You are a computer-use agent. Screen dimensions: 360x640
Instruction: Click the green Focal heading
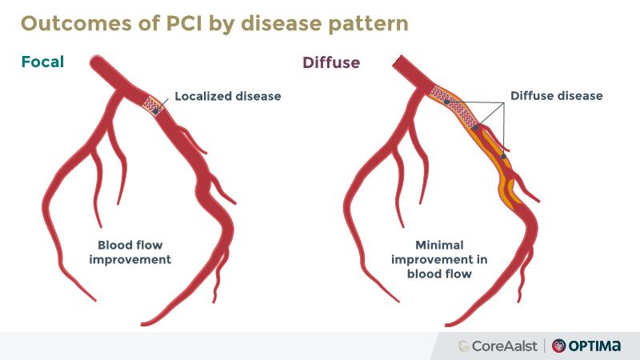[42, 62]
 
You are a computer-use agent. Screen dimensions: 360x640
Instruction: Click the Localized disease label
[227, 96]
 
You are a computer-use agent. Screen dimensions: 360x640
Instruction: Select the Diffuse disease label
[556, 96]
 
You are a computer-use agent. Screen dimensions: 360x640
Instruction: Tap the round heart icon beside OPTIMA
[558, 346]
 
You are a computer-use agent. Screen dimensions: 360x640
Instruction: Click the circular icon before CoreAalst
[464, 346]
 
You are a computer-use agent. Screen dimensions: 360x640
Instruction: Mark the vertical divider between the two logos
[545, 346]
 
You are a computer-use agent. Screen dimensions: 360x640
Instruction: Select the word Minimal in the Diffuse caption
[439, 245]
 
